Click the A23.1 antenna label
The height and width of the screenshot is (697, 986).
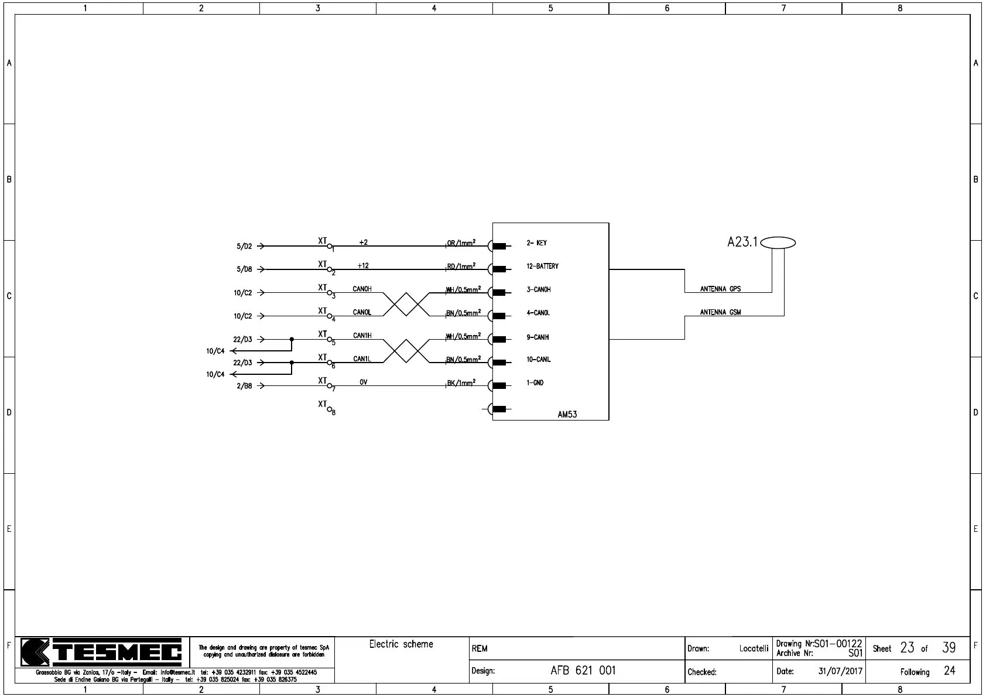pyautogui.click(x=742, y=242)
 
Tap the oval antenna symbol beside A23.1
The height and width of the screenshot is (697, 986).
pyautogui.click(x=778, y=242)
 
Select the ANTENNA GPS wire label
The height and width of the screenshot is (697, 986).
pyautogui.click(x=720, y=289)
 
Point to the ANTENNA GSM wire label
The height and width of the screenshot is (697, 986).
pyautogui.click(x=720, y=312)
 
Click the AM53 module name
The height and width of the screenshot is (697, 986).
pyautogui.click(x=567, y=414)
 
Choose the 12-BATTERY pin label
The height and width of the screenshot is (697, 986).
pyautogui.click(x=542, y=266)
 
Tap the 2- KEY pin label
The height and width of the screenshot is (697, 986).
pyautogui.click(x=536, y=243)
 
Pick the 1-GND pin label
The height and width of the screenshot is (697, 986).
pyautogui.click(x=535, y=383)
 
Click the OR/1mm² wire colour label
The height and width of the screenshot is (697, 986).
pyautogui.click(x=461, y=243)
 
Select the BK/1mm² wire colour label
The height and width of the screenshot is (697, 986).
pyautogui.click(x=461, y=383)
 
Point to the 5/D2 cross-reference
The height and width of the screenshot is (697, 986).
pyautogui.click(x=244, y=247)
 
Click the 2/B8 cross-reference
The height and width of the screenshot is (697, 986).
pyautogui.click(x=244, y=387)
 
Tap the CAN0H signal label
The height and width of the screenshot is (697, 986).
pyautogui.click(x=362, y=289)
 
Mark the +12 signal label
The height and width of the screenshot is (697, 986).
pyautogui.click(x=363, y=265)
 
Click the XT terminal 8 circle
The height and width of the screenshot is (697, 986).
pyautogui.click(x=330, y=409)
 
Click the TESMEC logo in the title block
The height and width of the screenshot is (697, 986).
pyautogui.click(x=101, y=652)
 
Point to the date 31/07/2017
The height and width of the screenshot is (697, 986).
pyautogui.click(x=840, y=672)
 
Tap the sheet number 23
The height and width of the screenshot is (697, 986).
pyautogui.click(x=907, y=648)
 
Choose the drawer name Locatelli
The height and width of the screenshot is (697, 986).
pyautogui.click(x=754, y=648)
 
